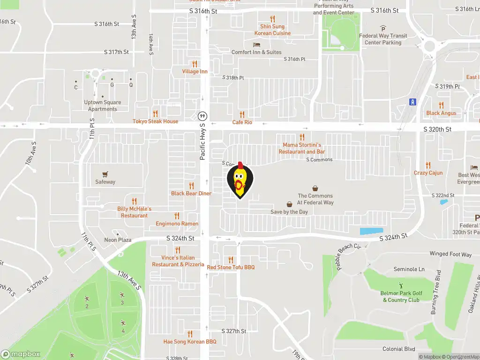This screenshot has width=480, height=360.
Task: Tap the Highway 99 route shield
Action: tap(202, 116)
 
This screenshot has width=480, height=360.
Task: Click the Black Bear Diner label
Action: tap(191, 194)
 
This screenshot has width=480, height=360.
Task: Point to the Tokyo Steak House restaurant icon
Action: tap(156, 113)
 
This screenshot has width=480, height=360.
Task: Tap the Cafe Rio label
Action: tap(242, 122)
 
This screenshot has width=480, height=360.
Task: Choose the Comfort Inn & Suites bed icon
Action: tap(256, 45)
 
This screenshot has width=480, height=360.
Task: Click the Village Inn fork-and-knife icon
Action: tap(195, 64)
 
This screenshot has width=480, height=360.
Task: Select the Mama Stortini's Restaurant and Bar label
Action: tap(302, 149)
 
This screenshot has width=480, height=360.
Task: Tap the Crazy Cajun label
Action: tap(428, 173)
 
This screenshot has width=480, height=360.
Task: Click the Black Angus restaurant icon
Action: tap(441, 105)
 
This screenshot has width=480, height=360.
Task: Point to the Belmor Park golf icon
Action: tap(401, 285)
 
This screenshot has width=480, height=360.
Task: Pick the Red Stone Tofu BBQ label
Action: tap(231, 267)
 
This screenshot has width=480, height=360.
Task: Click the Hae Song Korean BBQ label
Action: tap(190, 342)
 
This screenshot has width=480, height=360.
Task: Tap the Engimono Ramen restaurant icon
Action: tap(177, 216)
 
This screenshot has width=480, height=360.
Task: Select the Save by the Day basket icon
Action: tap(290, 204)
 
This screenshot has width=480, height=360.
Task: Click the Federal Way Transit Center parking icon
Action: tap(383, 28)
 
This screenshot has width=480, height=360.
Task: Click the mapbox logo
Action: tap(20, 354)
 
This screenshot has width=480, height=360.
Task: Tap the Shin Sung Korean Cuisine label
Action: tap(272, 30)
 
